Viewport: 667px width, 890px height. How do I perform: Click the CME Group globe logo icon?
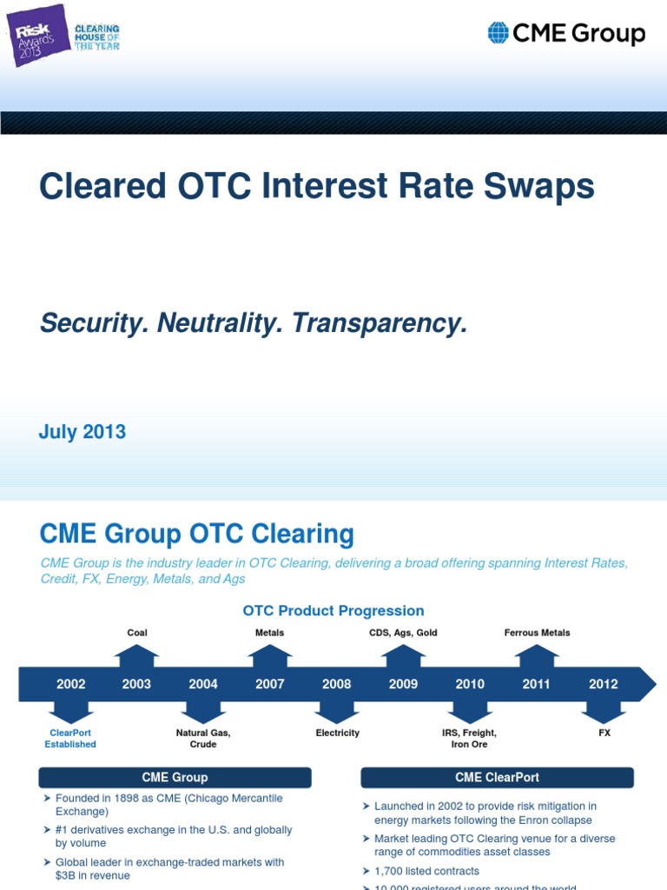pos(498,33)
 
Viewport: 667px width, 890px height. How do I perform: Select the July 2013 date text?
pos(83,432)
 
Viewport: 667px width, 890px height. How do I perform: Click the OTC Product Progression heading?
pos(333,611)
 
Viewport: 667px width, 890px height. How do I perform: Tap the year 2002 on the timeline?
pos(71,684)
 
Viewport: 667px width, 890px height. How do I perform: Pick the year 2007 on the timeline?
pos(269,684)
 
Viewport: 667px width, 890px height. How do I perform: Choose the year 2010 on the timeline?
pos(470,684)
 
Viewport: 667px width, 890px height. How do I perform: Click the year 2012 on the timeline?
pos(603,684)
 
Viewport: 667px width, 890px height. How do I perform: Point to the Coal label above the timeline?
pos(137,633)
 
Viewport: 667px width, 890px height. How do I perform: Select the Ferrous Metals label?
pos(538,633)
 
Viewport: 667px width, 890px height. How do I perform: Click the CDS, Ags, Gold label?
pos(403,633)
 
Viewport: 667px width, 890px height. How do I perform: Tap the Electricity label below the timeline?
pos(337,733)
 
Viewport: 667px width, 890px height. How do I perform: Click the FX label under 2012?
pos(604,733)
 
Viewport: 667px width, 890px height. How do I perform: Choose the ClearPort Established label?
pos(70,739)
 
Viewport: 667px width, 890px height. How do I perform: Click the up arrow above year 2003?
pos(137,654)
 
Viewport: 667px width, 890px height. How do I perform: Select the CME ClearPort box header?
pos(498,777)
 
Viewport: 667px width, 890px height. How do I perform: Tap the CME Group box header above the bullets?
pos(175,777)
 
